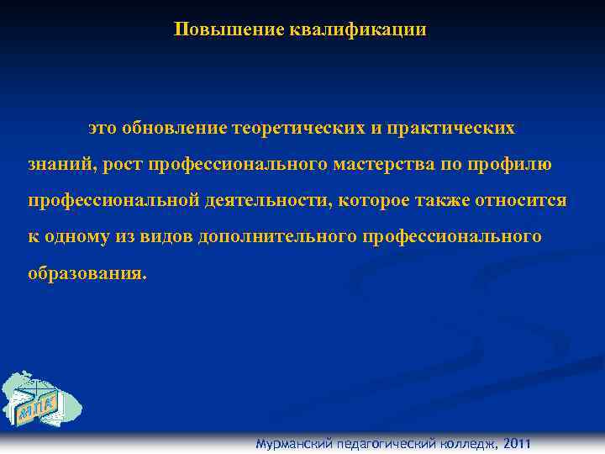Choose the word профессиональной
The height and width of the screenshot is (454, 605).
(x=112, y=201)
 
